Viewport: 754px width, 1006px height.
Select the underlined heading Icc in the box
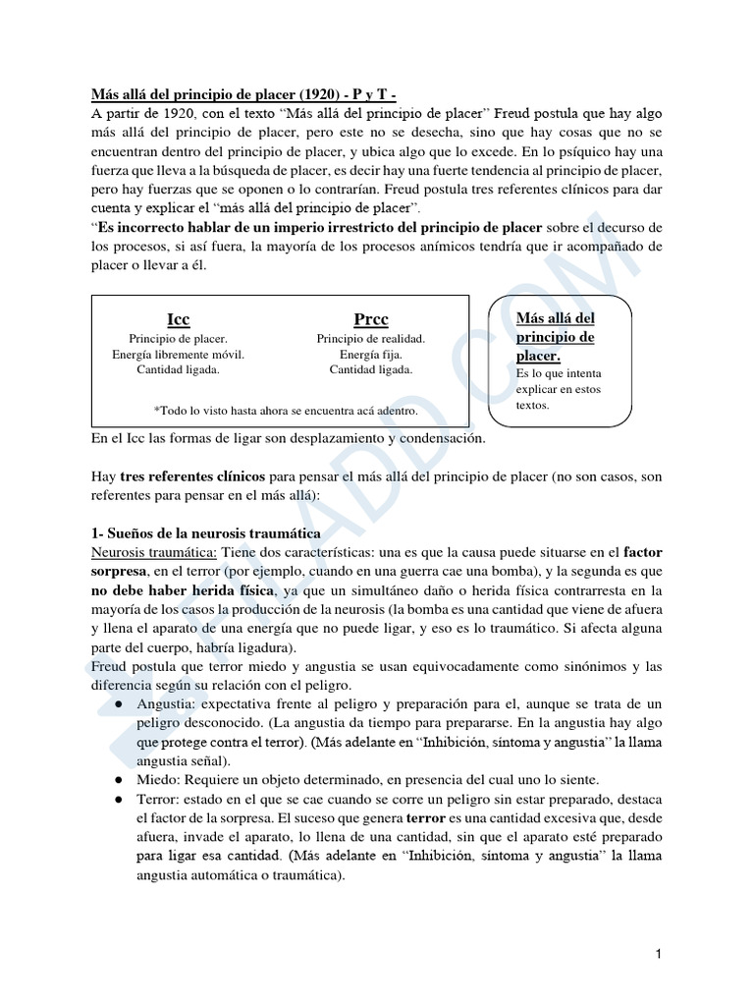pyautogui.click(x=179, y=319)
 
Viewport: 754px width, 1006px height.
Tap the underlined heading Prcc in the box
pyautogui.click(x=370, y=319)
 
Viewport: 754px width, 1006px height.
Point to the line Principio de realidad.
pyautogui.click(x=370, y=338)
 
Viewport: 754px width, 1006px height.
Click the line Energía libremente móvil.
pyautogui.click(x=179, y=354)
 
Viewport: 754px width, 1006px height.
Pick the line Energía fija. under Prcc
pyautogui.click(x=370, y=354)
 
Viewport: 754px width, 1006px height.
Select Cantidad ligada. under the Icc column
pyautogui.click(x=179, y=369)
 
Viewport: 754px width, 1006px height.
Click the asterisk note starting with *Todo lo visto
pyautogui.click(x=286, y=411)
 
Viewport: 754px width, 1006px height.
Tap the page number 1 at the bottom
pyautogui.click(x=660, y=953)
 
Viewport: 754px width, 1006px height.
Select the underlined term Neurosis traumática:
pyautogui.click(x=153, y=552)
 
